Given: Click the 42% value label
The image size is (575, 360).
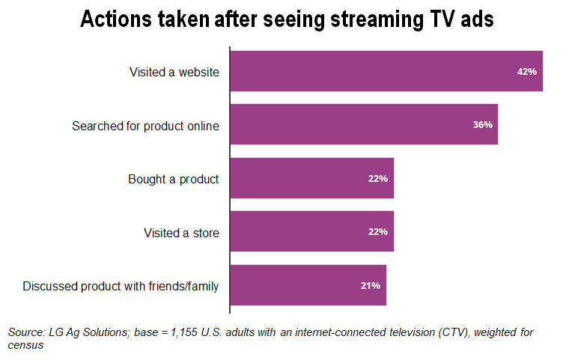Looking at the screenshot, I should [x=527, y=72].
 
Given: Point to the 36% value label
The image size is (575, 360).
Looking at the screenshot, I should [x=483, y=125].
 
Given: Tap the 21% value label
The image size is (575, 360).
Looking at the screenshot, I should [x=371, y=285].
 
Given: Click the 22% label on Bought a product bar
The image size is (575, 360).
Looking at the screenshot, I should [x=378, y=178].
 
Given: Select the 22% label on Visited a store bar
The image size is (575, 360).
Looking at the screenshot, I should [x=378, y=232].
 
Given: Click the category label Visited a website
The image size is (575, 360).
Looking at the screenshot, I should [x=174, y=72].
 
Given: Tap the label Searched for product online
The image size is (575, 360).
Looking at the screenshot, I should [x=145, y=126].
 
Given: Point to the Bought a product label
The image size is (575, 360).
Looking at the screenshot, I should [x=173, y=179].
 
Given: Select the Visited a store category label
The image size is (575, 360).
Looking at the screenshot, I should [x=181, y=233].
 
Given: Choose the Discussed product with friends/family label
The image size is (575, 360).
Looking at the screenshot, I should [x=121, y=286].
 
